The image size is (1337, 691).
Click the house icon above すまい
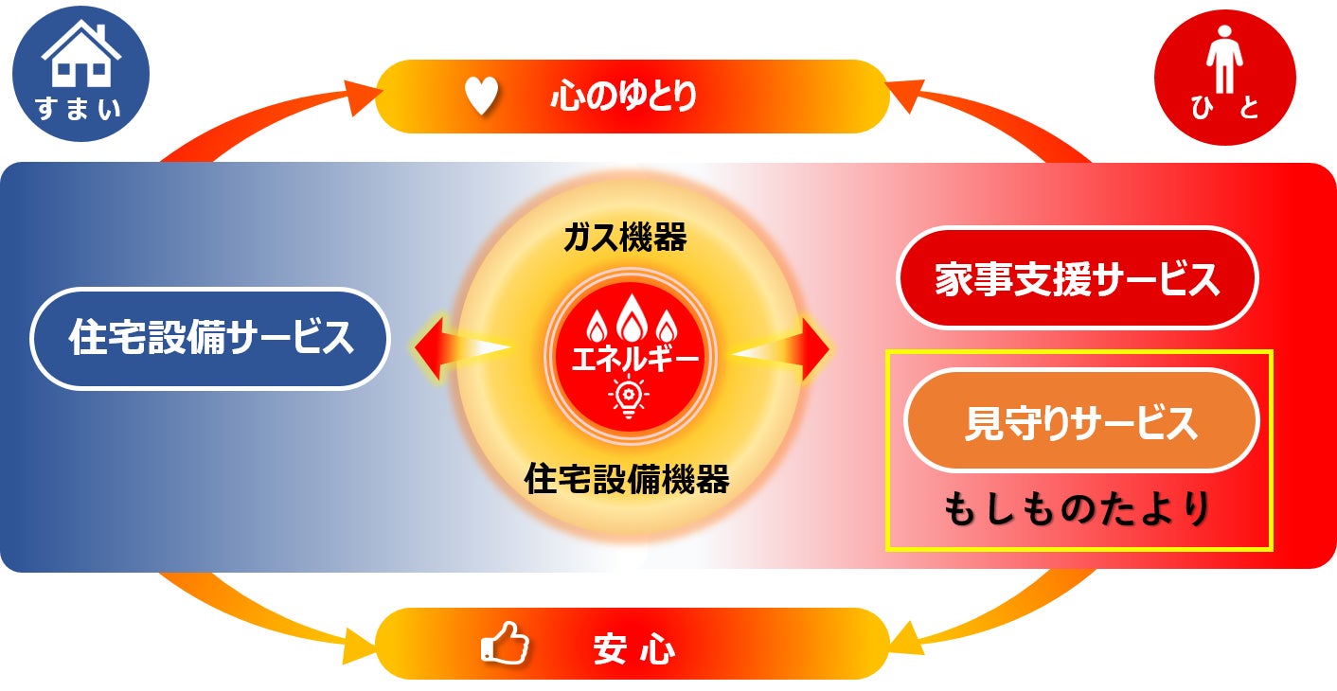[80, 58]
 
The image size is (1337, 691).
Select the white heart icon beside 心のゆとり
[480, 97]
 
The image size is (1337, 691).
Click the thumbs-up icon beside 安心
[505, 644]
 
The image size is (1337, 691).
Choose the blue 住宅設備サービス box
[210, 338]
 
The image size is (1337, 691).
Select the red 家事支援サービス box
[1077, 278]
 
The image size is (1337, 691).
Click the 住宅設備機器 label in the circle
[626, 480]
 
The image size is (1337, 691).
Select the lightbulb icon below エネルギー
[627, 397]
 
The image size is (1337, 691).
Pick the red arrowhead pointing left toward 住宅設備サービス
[433, 348]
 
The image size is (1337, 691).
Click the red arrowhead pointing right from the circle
[816, 348]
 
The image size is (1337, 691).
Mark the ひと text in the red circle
[1224, 110]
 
